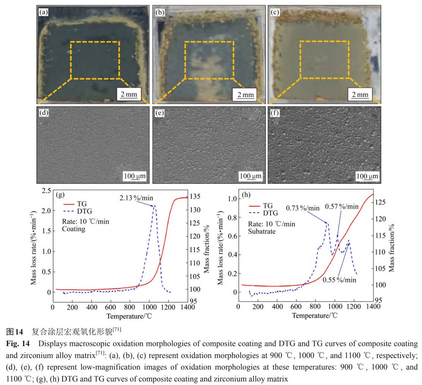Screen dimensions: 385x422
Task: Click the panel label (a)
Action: pos(43,12)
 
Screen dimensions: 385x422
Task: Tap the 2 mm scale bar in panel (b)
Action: pos(245,95)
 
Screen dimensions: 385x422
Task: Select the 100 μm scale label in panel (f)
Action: pos(367,176)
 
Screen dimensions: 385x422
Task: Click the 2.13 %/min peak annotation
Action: pos(136,198)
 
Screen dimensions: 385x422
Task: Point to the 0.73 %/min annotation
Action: pos(303,208)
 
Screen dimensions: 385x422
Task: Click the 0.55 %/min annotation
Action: pos(339,280)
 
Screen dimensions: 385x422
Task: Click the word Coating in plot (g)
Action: pos(73,229)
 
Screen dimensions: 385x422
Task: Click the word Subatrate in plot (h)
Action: pos(262,231)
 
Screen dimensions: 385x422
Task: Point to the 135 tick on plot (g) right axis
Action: pos(195,196)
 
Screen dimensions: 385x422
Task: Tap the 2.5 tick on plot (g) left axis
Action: pos(47,191)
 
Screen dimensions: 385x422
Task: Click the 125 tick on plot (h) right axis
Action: pos(380,202)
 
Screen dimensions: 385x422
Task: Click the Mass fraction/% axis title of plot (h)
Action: pos(392,248)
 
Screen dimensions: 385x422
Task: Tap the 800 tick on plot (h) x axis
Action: pos(315,307)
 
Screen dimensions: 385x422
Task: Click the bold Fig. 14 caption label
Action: pos(18,344)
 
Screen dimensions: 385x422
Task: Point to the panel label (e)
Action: pos(159,113)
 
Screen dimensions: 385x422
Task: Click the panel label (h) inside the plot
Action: pos(246,195)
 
